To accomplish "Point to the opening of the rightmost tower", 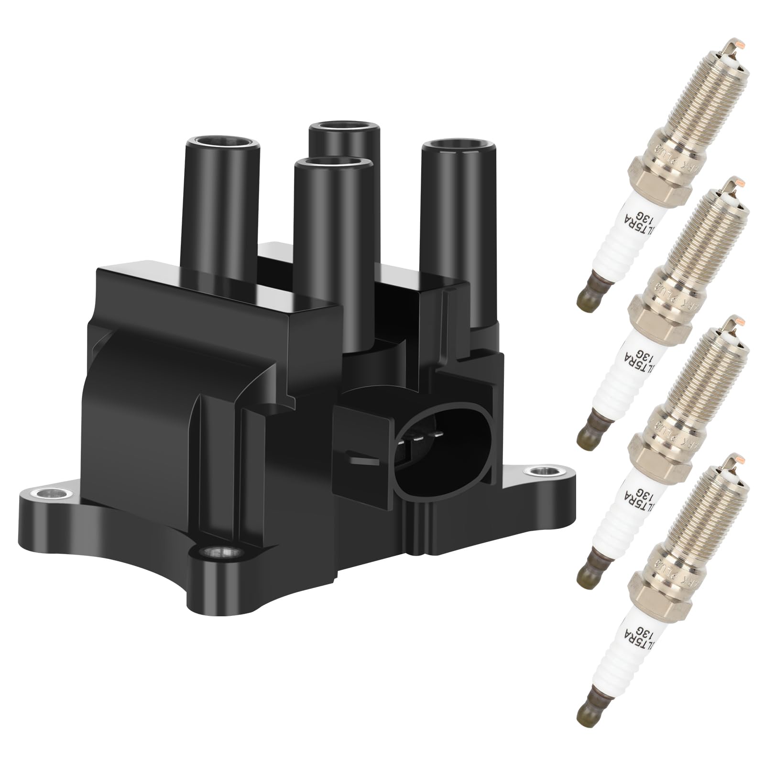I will (x=458, y=144).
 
